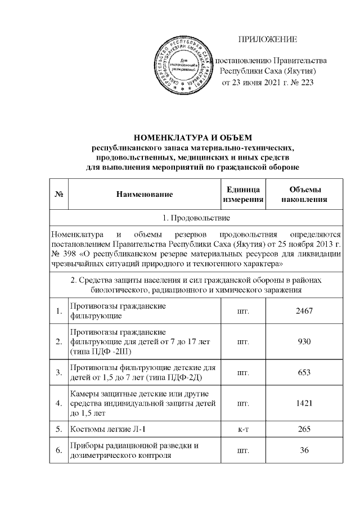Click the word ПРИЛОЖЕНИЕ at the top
pos(268,39)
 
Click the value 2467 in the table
pos(304,311)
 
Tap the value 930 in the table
pos(304,341)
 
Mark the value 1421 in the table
pos(304,403)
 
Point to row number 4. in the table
pos(58,403)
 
